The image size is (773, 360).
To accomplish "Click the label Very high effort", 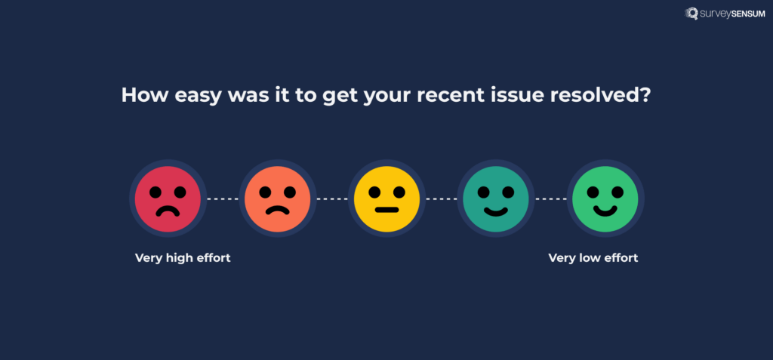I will coord(183,258).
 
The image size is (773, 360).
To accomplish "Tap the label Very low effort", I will coord(593,258).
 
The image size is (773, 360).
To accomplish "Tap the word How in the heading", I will coord(140,97).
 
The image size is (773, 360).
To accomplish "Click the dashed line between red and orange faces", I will coord(222,199).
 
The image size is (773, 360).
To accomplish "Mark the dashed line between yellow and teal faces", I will coord(441,199).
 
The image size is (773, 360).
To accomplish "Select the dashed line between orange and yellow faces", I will coord(331,199).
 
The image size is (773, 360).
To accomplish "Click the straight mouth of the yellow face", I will coord(386,209).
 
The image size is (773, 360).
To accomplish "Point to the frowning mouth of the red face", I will coord(168,211).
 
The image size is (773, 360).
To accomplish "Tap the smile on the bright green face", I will coord(605,208).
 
